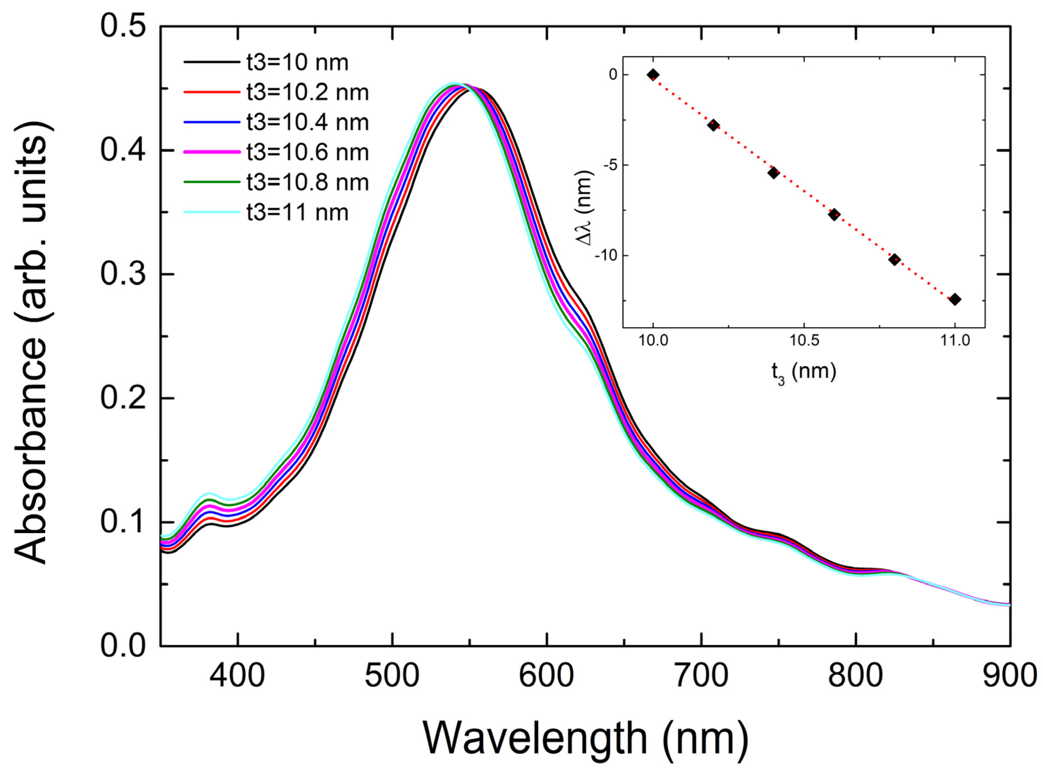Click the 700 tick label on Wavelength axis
[701, 676]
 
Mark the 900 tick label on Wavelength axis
[1010, 676]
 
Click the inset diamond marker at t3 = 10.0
[653, 75]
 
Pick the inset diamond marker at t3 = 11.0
[955, 299]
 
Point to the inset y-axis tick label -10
[606, 255]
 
